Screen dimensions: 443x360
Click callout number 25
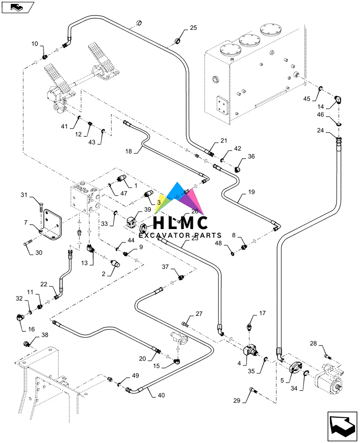click(193, 28)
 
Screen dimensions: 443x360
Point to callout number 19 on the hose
click(251, 193)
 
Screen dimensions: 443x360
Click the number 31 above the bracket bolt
click(24, 194)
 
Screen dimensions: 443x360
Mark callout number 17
click(262, 313)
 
